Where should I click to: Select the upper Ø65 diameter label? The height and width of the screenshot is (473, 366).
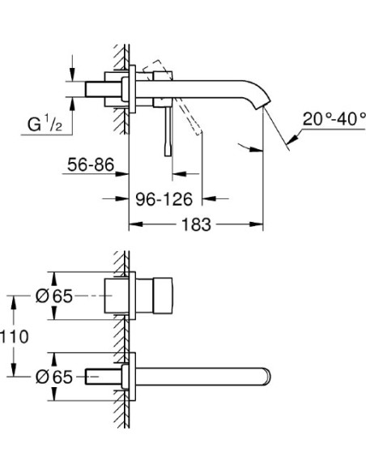click(54, 296)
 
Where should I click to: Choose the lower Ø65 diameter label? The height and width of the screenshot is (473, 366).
click(54, 376)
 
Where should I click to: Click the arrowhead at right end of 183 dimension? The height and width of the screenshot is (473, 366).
click(261, 224)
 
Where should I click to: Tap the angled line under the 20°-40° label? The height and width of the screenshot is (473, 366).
click(278, 130)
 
